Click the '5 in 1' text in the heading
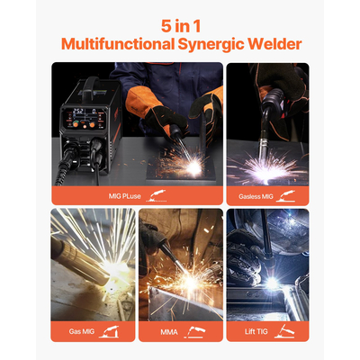click(180, 24)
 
